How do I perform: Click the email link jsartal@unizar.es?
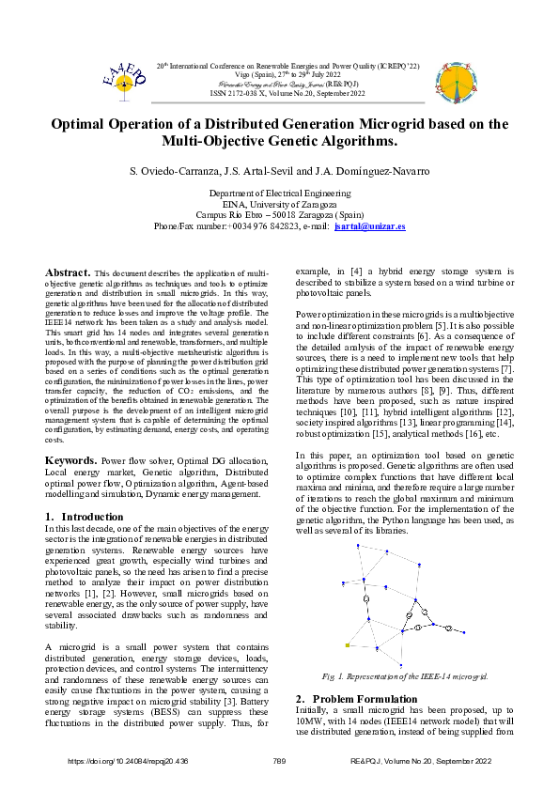369,226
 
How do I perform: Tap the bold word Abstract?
67,271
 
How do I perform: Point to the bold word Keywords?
71,461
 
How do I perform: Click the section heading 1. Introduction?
84,517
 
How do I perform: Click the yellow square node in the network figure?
347,646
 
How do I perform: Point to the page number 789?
278,761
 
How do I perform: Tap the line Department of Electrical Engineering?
278,193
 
